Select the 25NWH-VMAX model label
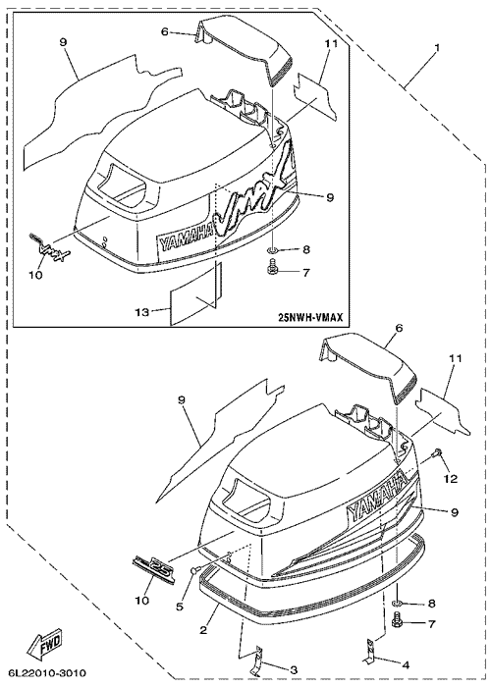tap(311, 316)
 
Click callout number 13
tap(141, 311)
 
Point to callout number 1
tap(437, 46)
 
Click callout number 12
tap(451, 479)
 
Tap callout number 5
tap(180, 608)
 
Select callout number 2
tap(203, 631)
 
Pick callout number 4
tap(406, 665)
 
